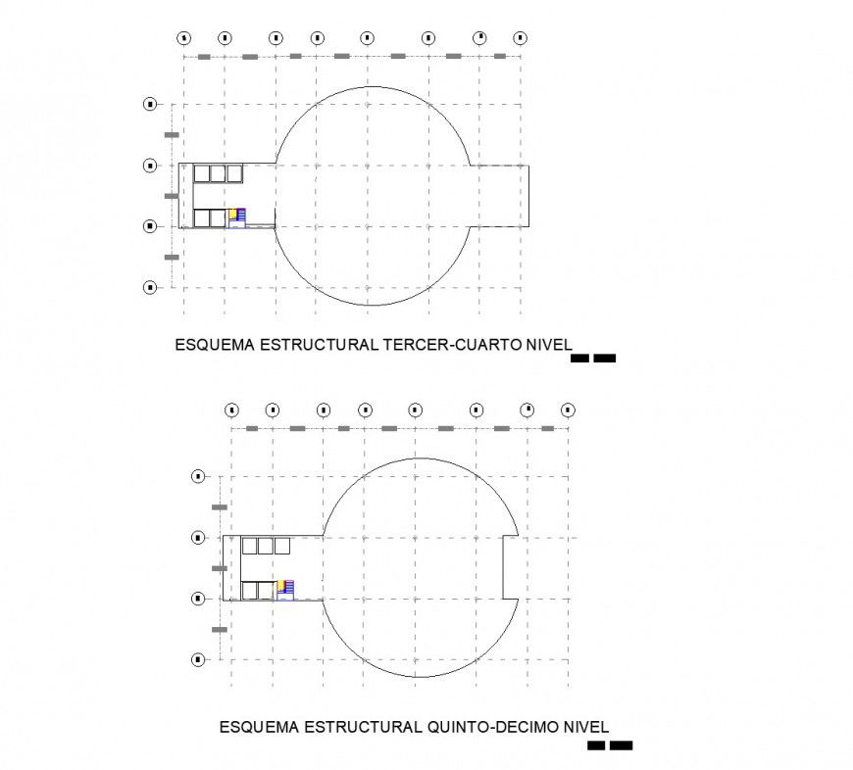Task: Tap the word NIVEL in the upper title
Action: [545, 345]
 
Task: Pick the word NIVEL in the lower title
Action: [585, 727]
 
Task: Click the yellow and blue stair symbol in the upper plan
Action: [236, 216]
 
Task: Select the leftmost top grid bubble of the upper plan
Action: [183, 38]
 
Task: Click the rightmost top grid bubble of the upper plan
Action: [521, 38]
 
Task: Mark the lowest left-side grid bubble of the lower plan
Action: [198, 659]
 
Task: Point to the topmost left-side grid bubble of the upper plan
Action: [150, 103]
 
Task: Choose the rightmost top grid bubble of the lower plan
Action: [568, 409]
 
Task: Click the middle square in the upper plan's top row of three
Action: [219, 173]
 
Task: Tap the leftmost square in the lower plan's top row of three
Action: [250, 546]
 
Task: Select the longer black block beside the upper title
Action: [605, 359]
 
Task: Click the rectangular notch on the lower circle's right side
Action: [510, 567]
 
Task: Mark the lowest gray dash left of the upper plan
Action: [172, 257]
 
